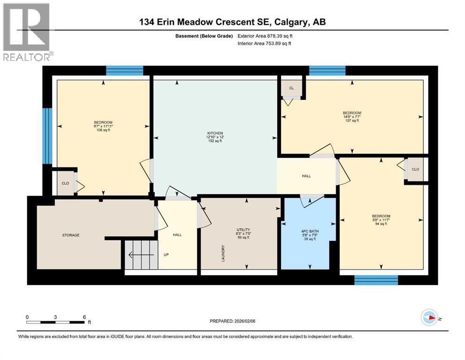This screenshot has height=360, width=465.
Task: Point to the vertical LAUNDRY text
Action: point(223,253)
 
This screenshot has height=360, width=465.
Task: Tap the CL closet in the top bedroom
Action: point(291,88)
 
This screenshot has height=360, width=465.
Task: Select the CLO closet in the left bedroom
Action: point(66,183)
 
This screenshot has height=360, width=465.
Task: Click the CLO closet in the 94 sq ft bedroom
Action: point(415,169)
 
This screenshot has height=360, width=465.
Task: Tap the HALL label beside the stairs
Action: point(177,235)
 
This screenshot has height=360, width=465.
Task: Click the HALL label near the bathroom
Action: point(306,176)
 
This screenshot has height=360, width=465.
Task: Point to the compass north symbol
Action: point(429,318)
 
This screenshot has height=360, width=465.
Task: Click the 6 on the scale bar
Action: point(84,317)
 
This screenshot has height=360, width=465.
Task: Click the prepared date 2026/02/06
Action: point(232,321)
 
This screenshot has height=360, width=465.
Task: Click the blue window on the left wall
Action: point(47,136)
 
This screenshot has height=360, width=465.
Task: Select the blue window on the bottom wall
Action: point(376,280)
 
